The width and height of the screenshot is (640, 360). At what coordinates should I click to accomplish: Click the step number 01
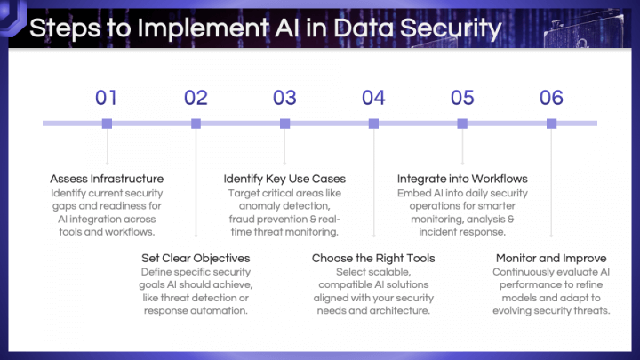[x=106, y=98]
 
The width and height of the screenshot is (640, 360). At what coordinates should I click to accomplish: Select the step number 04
[x=373, y=98]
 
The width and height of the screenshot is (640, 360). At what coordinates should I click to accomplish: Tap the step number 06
[x=551, y=98]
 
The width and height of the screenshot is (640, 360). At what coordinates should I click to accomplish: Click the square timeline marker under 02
[x=196, y=124]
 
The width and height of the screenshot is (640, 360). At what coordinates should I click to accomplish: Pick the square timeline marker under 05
[x=462, y=124]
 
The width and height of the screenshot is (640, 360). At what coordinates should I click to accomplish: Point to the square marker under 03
[x=285, y=124]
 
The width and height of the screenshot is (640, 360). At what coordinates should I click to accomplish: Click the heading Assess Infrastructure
[x=107, y=179]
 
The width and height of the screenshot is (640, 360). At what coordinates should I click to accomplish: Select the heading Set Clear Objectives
[x=196, y=258]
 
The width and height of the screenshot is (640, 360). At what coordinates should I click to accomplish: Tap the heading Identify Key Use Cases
[x=284, y=179]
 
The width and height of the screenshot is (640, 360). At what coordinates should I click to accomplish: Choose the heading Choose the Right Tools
[x=373, y=258]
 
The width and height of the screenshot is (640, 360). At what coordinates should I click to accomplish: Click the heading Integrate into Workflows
[x=462, y=179]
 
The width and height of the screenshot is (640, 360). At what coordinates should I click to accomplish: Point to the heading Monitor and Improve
[x=551, y=258]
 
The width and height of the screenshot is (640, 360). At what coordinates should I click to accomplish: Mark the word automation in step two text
[x=220, y=310]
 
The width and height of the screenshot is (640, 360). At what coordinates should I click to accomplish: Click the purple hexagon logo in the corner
[x=12, y=16]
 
